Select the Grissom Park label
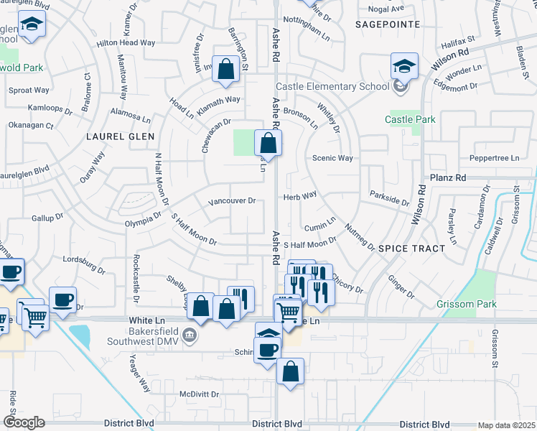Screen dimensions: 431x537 click(x=467, y=305)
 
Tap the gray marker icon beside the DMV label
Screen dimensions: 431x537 click(x=189, y=335)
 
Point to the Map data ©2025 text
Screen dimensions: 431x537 click(x=506, y=425)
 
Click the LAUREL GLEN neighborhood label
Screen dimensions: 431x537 click(x=116, y=135)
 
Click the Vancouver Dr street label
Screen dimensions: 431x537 click(x=231, y=202)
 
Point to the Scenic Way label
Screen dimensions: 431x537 click(x=332, y=158)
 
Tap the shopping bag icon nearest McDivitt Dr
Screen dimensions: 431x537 click(x=290, y=372)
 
